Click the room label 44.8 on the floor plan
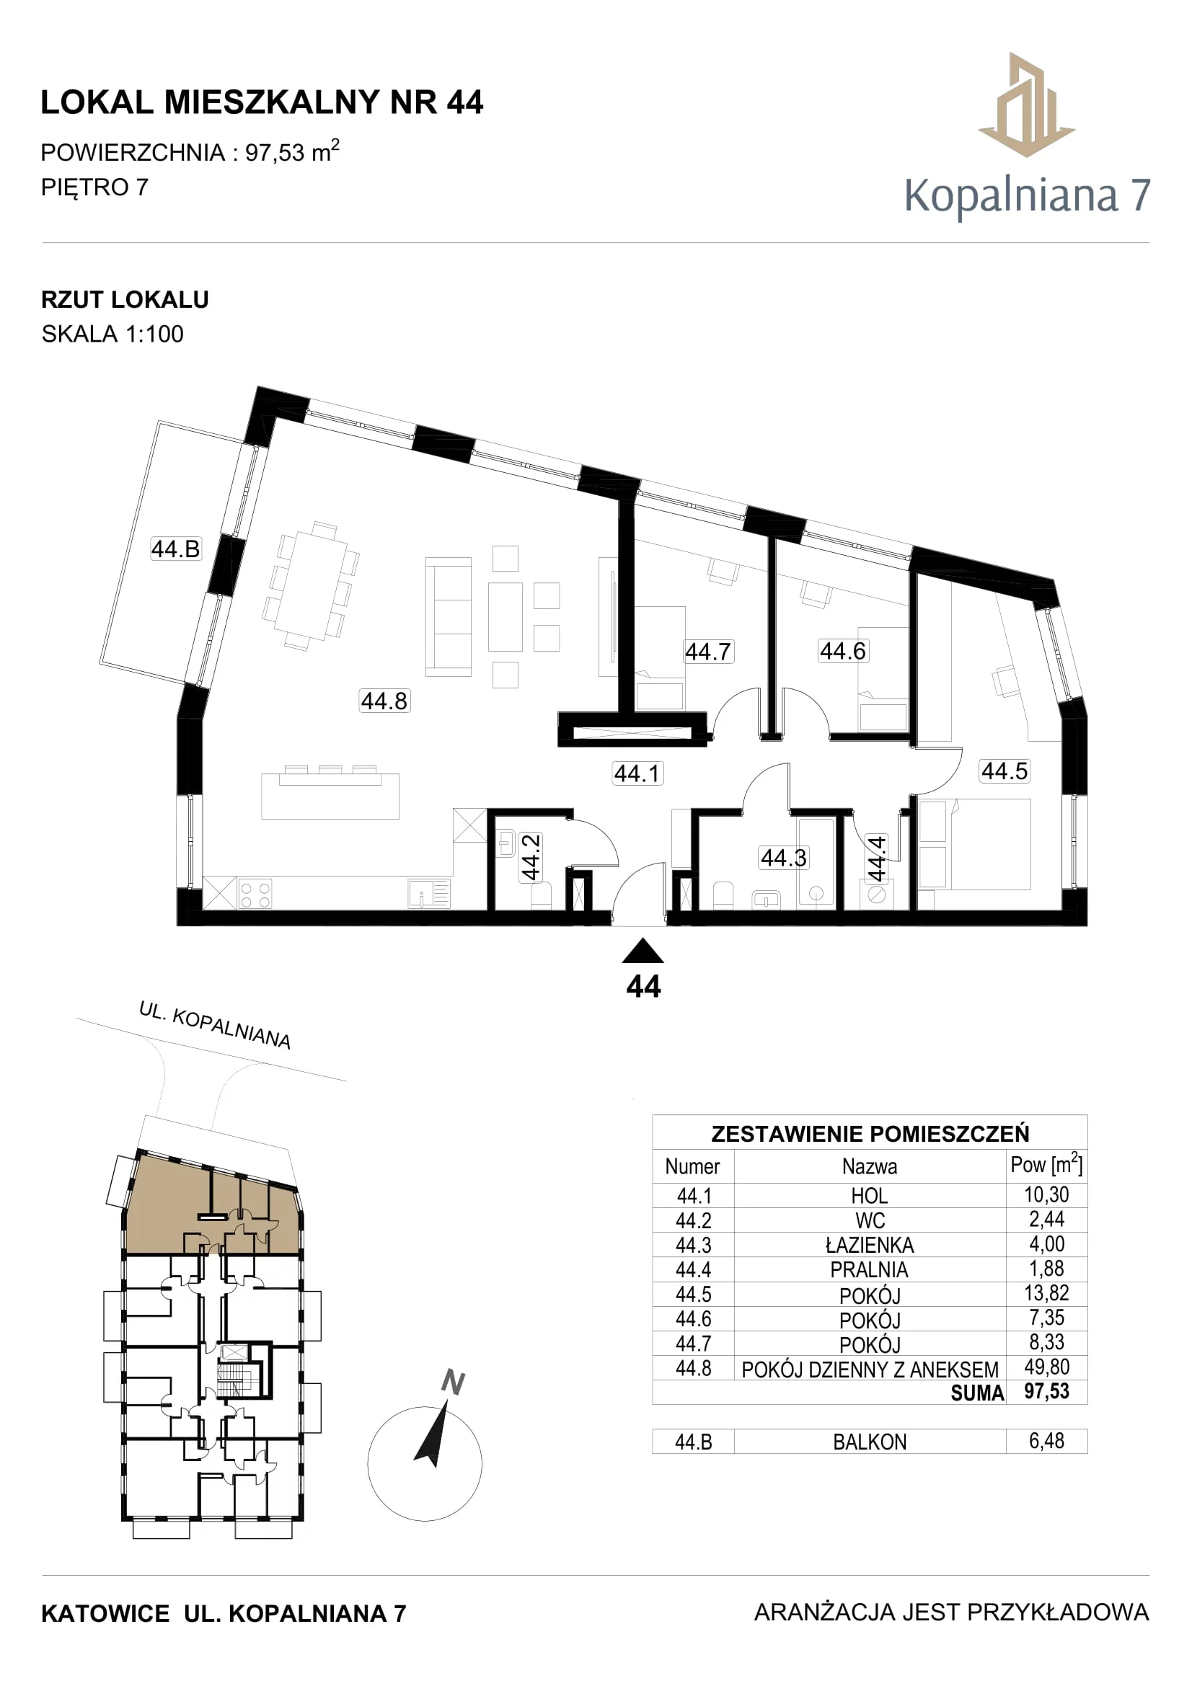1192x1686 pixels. coord(384,701)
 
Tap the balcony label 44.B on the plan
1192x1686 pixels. coord(175,549)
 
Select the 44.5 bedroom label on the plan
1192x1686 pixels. coord(1005,771)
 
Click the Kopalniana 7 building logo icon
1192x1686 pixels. coord(1027,105)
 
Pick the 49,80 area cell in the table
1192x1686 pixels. coord(1046,1367)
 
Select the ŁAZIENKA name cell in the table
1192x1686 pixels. coord(870,1246)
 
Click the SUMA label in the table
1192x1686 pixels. coord(977,1393)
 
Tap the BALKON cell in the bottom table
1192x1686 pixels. coord(870,1442)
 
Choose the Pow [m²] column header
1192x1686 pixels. coord(1046,1164)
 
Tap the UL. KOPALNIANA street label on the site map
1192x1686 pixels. coord(215,1026)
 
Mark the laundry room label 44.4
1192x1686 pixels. coord(877,858)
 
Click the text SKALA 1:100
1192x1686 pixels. coord(112,334)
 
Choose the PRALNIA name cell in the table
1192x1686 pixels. coord(870,1269)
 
